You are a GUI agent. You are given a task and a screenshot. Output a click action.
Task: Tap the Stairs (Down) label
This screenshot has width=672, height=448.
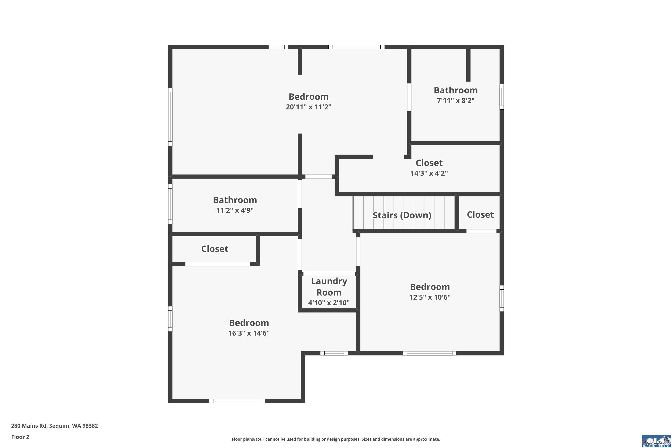402,215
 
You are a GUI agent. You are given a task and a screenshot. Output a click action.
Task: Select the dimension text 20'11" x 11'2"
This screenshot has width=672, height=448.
309,107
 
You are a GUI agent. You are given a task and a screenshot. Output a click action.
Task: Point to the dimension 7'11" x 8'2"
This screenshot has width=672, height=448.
456,101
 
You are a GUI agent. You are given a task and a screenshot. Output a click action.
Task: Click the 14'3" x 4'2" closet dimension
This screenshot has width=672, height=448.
429,173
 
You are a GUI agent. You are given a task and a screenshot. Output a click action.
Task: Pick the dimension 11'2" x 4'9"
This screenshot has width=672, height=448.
235,210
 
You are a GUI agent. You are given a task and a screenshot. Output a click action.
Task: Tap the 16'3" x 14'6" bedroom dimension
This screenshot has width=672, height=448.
249,333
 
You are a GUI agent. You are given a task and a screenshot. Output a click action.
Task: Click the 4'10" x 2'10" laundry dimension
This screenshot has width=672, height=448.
329,303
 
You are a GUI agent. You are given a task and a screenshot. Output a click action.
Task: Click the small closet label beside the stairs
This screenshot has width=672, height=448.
480,215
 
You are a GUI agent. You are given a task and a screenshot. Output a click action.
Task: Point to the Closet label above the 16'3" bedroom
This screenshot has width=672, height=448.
215,249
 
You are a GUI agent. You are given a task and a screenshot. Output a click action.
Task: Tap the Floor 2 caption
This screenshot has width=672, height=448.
20,437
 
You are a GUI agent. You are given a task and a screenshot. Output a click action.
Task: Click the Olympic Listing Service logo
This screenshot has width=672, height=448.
656,441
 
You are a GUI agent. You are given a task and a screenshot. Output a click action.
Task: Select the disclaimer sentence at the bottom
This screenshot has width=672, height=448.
336,439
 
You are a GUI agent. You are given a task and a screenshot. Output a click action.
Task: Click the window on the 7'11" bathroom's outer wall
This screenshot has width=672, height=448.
502,97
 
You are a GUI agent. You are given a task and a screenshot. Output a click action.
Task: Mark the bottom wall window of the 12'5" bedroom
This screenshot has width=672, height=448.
429,353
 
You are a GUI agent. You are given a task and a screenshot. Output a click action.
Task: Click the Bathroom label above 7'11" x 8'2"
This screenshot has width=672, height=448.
456,90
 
